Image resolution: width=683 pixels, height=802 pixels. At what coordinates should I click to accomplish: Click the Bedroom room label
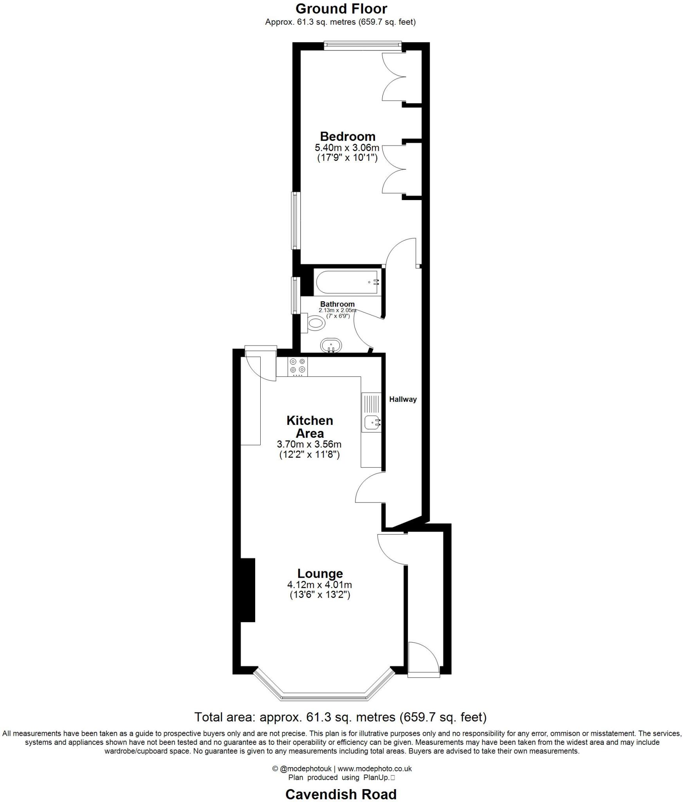pos(347,136)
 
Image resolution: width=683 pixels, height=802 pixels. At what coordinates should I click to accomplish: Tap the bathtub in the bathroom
pos(346,282)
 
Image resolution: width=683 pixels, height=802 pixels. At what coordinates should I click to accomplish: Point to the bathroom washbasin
pos(331,346)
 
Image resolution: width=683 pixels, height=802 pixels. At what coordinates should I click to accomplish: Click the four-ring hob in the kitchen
pos(297,367)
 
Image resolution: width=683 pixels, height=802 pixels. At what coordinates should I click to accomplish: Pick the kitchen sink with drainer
pos(371,412)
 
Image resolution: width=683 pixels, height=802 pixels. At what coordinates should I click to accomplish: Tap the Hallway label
pos(402,399)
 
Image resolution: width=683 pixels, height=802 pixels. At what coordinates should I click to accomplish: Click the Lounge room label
pos(320,573)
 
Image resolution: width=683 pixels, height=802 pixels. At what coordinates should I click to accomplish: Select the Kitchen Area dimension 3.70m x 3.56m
pos(309,444)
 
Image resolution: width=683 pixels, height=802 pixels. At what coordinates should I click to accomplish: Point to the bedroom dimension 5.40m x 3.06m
pos(347,148)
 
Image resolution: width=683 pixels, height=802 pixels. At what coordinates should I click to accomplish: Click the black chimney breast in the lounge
pos(247,590)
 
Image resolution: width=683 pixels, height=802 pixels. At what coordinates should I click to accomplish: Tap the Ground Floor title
pos(341,9)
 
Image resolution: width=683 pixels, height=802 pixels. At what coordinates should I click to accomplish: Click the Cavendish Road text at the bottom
pos(341,794)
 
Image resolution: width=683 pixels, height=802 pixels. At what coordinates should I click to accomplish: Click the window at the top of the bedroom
pos(362,46)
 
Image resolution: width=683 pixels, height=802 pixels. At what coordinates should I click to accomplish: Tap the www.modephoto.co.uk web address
pos(375,769)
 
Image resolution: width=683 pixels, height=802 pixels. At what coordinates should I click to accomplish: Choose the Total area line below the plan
pos(341,717)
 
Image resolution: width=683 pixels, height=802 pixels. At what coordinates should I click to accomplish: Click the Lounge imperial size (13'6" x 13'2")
pos(319,595)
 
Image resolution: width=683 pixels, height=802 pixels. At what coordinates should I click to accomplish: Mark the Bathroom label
pos(337,304)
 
